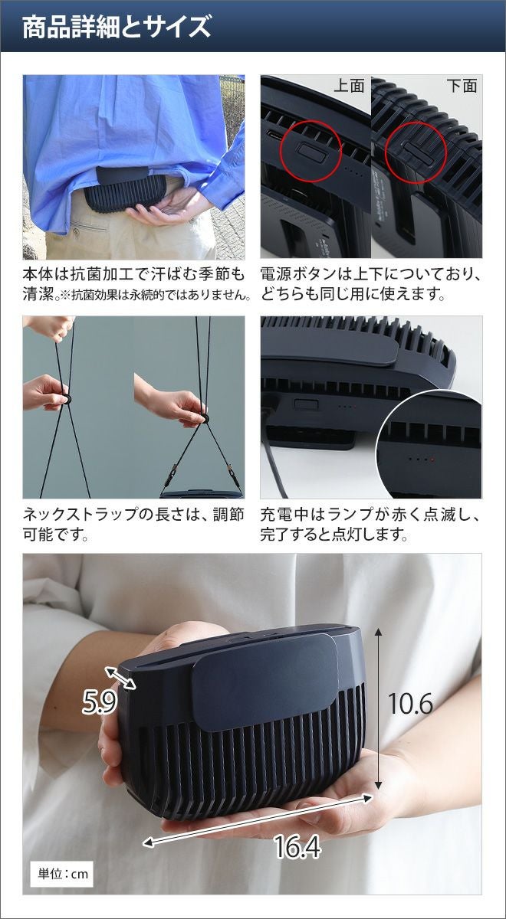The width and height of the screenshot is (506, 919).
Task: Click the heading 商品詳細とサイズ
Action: point(117,27)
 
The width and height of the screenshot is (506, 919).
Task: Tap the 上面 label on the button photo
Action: point(349,86)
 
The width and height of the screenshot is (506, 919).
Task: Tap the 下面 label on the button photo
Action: point(462,86)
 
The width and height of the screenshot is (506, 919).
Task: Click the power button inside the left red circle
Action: point(311,152)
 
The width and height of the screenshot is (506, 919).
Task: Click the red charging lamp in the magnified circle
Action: point(433,459)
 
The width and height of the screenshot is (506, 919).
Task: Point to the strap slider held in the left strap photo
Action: point(66,398)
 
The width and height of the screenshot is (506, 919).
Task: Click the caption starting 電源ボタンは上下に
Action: point(370,283)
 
